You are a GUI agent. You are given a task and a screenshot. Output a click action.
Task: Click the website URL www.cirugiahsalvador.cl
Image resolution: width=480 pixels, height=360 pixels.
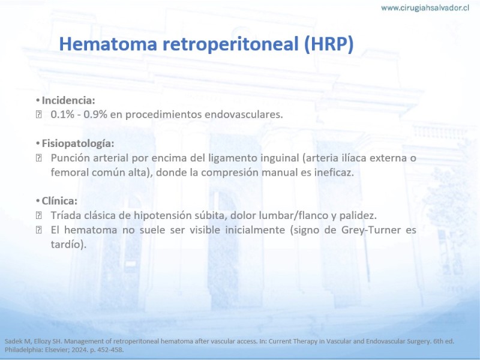(425, 8)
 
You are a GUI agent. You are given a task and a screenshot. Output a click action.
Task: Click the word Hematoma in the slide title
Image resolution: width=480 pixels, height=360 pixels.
(108, 44)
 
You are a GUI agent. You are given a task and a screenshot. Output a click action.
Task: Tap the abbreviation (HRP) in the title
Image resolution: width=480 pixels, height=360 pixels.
(329, 44)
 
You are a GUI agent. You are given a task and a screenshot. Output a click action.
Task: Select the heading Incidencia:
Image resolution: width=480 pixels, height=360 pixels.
(68, 100)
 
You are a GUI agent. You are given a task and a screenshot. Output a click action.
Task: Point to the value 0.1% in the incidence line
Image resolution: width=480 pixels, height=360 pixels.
(62, 115)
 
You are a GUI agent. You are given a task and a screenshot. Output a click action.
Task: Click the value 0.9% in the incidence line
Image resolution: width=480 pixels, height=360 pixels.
(95, 115)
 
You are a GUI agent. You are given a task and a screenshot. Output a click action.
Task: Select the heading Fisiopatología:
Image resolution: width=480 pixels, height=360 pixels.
(78, 143)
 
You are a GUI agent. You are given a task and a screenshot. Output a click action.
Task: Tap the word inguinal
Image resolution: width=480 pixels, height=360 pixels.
(280, 158)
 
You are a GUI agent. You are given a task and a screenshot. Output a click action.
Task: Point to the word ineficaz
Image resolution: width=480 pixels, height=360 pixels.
(334, 173)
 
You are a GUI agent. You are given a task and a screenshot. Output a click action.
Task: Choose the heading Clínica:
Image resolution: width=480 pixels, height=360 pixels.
(59, 201)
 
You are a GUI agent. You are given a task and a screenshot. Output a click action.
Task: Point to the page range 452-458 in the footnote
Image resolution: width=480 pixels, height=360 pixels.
(109, 350)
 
